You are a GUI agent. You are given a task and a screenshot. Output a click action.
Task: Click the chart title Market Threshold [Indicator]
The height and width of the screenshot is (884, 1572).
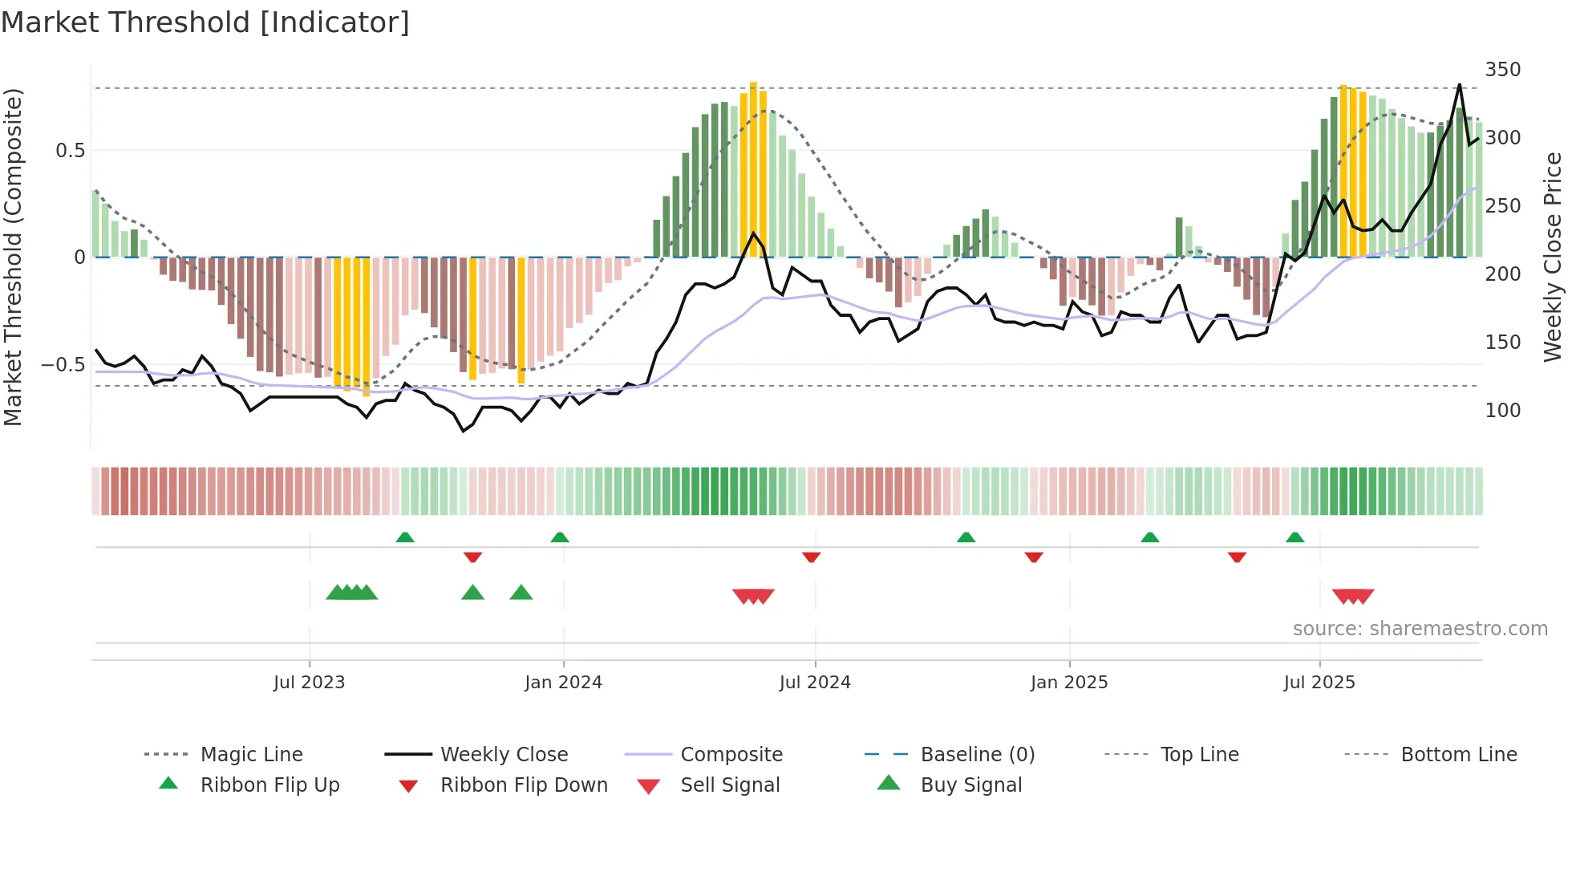tap(205, 22)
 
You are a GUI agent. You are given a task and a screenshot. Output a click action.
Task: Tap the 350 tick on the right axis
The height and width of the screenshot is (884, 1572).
tap(1502, 70)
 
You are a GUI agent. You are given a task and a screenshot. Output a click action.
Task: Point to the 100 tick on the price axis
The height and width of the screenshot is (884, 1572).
tap(1502, 411)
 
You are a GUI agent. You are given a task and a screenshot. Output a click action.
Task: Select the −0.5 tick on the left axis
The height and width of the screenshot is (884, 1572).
tap(63, 365)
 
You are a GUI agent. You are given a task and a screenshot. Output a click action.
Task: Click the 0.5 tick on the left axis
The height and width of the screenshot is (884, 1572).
tap(70, 151)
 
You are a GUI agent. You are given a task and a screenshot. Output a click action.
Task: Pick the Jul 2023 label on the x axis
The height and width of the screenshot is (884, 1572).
tap(309, 683)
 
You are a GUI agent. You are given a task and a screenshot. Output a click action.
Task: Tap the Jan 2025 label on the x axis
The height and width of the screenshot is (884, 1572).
tap(1068, 683)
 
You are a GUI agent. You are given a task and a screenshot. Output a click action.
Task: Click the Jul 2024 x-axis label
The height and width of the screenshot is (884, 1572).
tap(814, 683)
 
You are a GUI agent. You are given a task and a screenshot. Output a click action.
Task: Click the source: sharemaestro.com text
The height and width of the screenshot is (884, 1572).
tap(1420, 629)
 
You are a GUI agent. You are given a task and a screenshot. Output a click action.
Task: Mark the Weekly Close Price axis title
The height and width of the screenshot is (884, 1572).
tap(1553, 257)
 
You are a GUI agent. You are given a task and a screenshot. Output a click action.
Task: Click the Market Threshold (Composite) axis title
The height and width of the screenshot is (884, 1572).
tap(13, 257)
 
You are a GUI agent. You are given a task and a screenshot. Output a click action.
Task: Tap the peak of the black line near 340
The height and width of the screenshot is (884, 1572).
tap(1459, 84)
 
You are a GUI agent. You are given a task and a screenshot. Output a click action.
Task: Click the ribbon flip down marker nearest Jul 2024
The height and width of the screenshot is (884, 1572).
tap(811, 557)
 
